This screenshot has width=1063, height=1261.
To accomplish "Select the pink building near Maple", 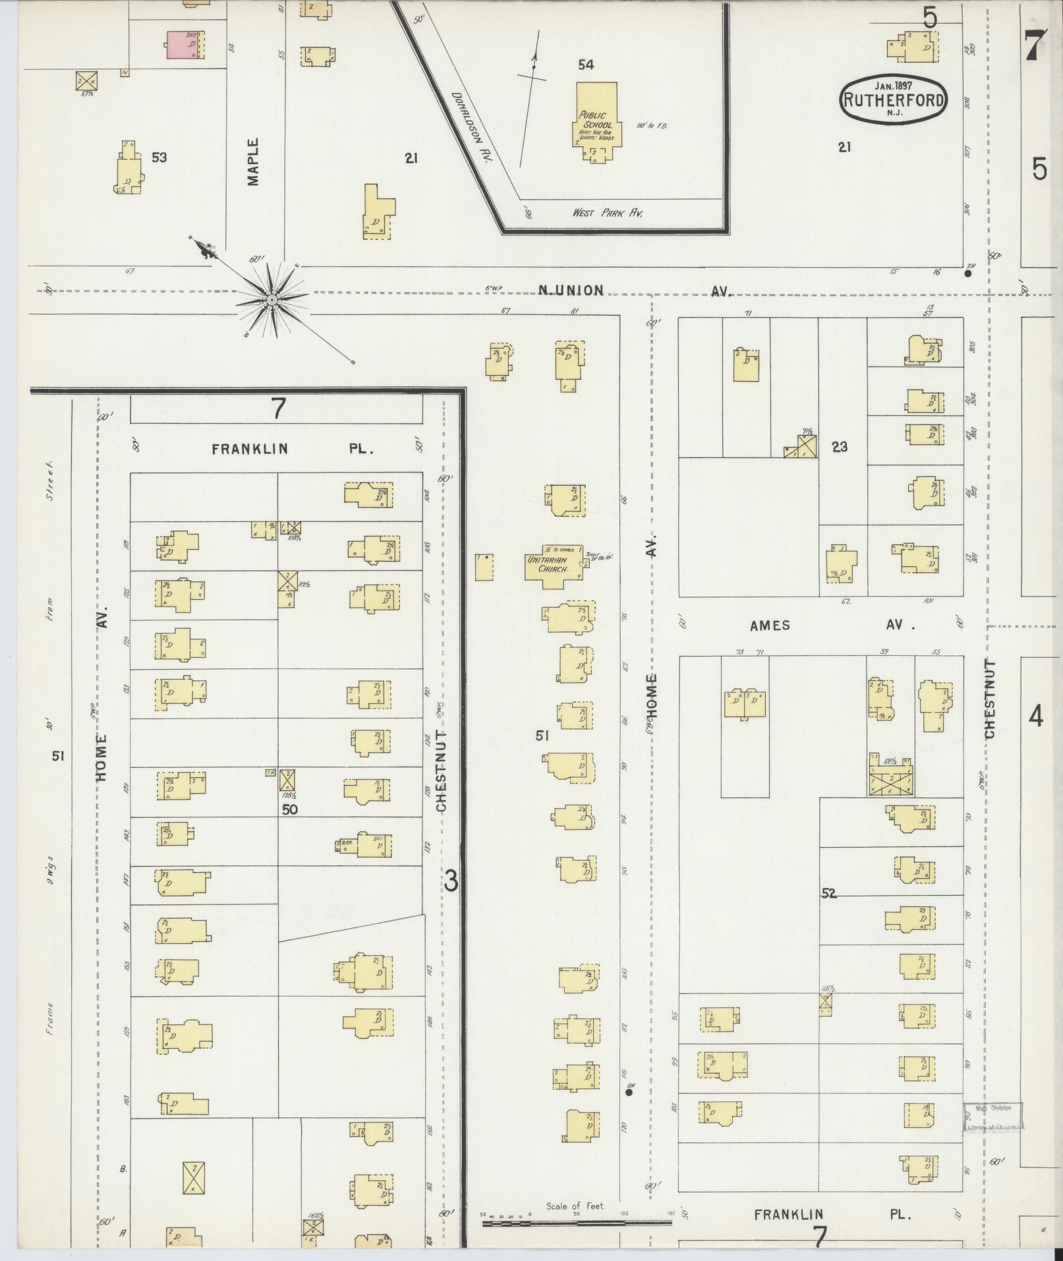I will click(x=183, y=45).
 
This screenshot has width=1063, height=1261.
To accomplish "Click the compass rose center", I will click(x=271, y=301).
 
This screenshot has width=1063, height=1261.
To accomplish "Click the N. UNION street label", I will click(x=571, y=290).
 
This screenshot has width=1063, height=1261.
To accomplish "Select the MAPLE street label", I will click(x=254, y=161).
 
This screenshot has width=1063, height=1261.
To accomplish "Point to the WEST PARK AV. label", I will click(x=607, y=213).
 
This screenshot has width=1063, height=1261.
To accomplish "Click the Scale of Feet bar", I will click(x=577, y=1223).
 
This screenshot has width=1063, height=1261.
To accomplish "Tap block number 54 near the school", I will click(x=586, y=65).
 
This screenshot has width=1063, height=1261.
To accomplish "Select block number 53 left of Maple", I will click(x=159, y=158).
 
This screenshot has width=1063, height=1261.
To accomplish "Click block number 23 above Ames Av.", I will click(x=839, y=447).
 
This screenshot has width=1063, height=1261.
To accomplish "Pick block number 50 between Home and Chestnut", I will click(x=290, y=809).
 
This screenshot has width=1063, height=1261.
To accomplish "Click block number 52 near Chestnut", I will click(x=828, y=893).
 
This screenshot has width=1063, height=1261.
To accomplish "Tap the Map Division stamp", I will click(x=993, y=1117).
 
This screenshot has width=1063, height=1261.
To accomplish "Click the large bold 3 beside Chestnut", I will click(x=451, y=881).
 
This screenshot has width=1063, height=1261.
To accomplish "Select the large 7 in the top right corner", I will click(x=1033, y=46).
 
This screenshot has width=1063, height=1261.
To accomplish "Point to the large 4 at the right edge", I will click(x=1036, y=716).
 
